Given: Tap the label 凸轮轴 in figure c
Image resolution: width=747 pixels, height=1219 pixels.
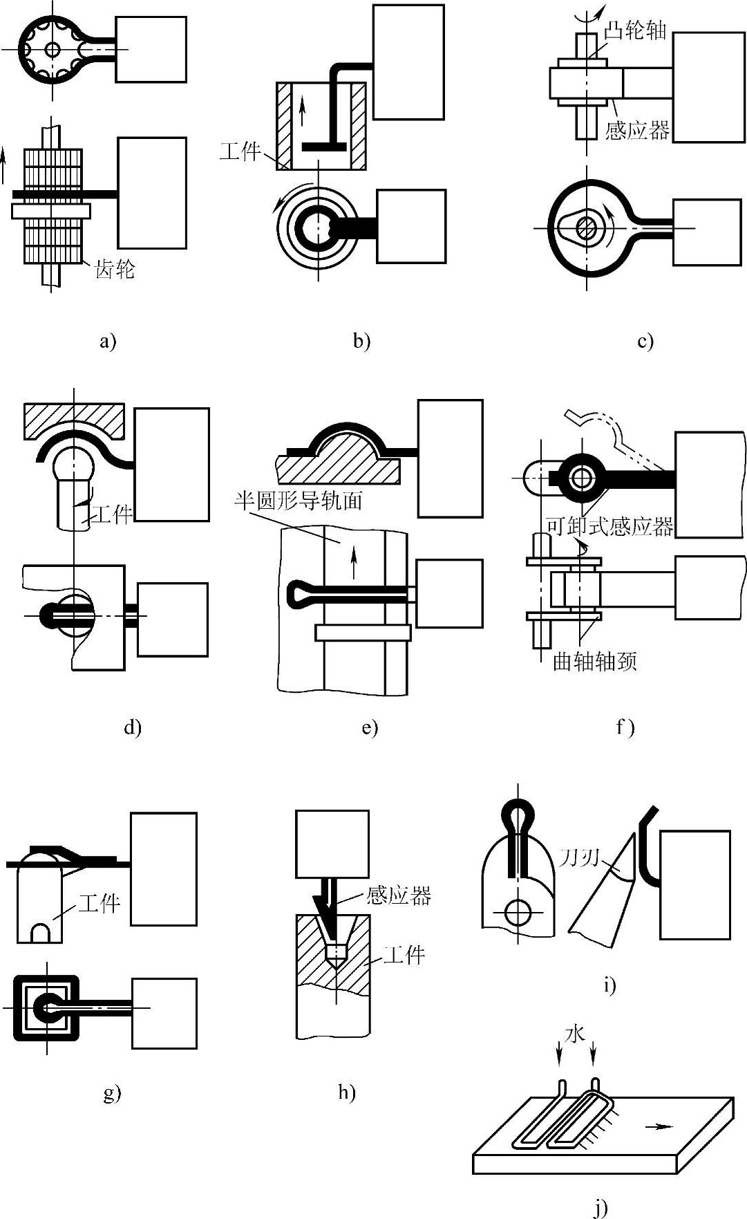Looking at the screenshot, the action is [635, 30].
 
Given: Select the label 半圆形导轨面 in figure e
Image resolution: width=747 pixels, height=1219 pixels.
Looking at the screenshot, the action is [299, 501].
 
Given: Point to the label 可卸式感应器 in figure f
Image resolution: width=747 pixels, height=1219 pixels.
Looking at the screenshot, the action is [609, 527].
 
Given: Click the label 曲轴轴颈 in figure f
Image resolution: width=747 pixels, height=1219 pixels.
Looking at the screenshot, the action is [594, 662].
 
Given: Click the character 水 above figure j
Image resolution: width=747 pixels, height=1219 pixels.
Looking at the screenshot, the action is [575, 1034].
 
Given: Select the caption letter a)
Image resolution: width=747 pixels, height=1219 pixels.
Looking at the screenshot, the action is [108, 341].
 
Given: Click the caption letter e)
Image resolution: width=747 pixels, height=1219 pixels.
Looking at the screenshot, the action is [370, 727].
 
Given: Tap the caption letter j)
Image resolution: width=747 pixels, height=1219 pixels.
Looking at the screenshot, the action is [601, 1207].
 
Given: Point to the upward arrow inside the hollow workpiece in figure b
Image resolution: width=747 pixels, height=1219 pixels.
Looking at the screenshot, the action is [302, 113].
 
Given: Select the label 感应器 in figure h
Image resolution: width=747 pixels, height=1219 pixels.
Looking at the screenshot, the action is [399, 896].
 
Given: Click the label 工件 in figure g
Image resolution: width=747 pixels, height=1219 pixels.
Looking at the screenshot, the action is [100, 903].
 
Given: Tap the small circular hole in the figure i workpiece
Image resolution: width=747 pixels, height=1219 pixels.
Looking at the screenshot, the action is [516, 913].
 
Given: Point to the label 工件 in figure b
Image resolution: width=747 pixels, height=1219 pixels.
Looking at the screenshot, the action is [240, 151].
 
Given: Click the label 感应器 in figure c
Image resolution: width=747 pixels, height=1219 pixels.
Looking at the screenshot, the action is [637, 129].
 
